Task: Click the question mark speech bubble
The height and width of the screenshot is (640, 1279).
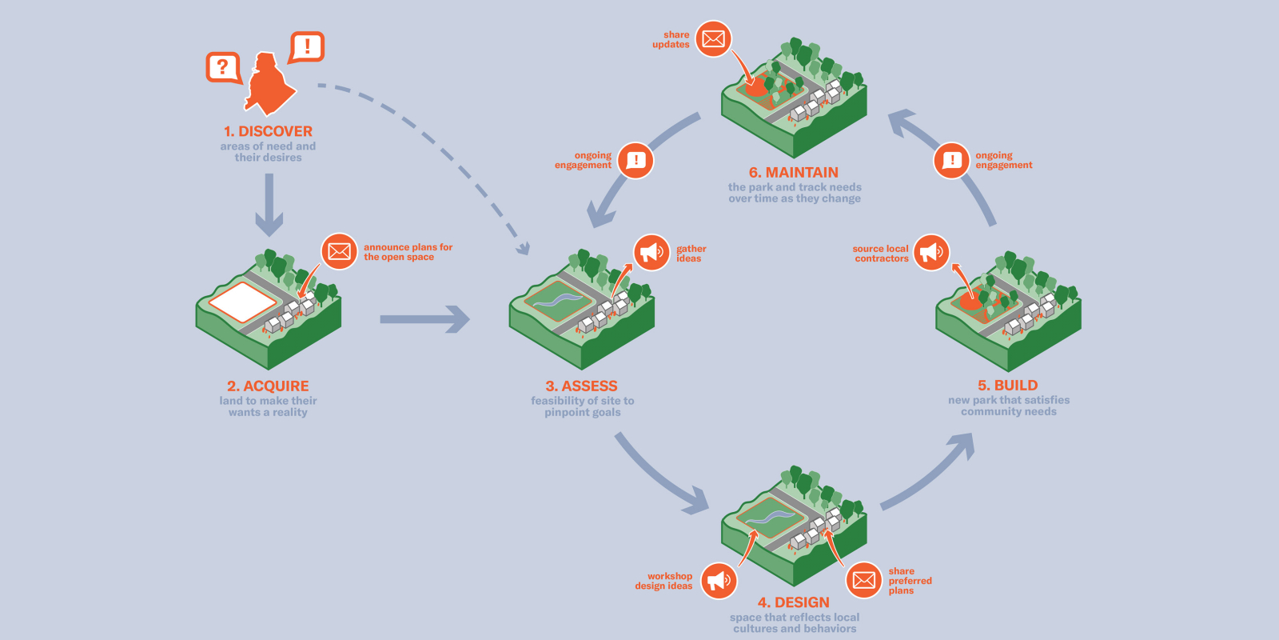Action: coord(223,67)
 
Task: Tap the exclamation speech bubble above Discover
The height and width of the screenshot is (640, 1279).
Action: coord(307,47)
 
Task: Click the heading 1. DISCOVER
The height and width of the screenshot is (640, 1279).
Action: coord(268,131)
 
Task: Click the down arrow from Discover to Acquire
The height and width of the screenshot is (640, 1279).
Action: coord(269,205)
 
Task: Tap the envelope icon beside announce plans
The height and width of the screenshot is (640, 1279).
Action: coord(339,251)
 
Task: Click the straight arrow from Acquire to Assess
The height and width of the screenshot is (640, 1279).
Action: coord(424,319)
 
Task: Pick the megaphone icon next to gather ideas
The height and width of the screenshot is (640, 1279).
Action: coord(651,253)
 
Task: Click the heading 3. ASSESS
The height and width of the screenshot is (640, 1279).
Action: coord(581,386)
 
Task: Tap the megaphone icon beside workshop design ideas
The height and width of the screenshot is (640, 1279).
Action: coord(719,580)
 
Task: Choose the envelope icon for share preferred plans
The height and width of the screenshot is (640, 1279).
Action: coord(864,580)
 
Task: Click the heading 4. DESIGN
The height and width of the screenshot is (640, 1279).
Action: coord(793,602)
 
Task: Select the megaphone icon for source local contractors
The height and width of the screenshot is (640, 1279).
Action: coord(931,253)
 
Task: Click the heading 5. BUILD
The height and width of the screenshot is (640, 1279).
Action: coord(1007,385)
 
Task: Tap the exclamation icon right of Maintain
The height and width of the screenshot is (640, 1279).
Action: coord(952,160)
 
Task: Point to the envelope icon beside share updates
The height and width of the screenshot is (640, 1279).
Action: coord(713,38)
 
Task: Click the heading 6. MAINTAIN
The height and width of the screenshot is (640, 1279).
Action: coord(793,172)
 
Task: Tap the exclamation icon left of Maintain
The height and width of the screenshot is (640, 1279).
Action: coord(636,160)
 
